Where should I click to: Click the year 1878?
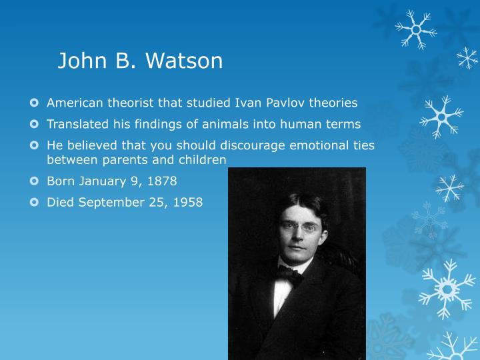coord(161,181)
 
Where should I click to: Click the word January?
coord(101,181)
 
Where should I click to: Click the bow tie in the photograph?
coord(289,273)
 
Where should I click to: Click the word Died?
coord(60,202)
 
